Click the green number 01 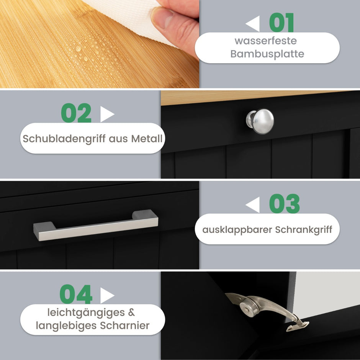click(x=281, y=23)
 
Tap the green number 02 click(x=76, y=113)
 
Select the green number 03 click(x=285, y=203)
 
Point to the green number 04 click(x=76, y=294)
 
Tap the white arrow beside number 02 click(x=107, y=114)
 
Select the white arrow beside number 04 click(x=107, y=296)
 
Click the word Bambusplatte click(x=267, y=54)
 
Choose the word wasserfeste click(x=266, y=41)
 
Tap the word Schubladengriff click(x=64, y=139)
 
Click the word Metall click(x=147, y=138)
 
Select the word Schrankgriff click(x=304, y=229)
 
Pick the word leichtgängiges click(x=86, y=313)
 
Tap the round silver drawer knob click(x=260, y=121)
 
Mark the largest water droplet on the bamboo click(x=78, y=49)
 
